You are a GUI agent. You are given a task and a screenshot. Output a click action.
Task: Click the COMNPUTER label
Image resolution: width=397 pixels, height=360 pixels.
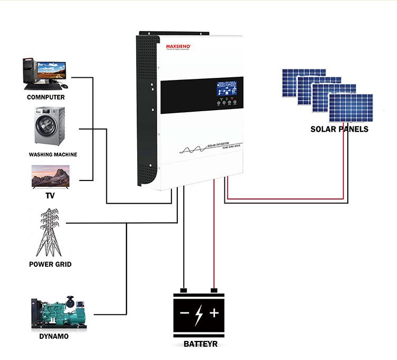tap(46, 97)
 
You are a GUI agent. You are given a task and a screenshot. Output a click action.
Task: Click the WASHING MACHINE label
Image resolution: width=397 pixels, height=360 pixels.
tap(53, 155)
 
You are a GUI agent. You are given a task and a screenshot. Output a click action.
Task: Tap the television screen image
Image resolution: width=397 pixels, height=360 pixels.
tap(51, 176)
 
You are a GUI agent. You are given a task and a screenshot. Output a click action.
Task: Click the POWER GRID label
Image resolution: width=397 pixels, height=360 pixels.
tap(50, 264)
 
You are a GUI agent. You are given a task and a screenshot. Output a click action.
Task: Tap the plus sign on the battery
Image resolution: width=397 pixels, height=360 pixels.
tap(214, 313)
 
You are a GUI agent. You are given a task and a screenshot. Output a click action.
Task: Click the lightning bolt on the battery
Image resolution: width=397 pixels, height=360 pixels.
tap(199, 314)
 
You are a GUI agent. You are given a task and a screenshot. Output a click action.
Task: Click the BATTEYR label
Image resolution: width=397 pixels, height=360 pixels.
tap(200, 344)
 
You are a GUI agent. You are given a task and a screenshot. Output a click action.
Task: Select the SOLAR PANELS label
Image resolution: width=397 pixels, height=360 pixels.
tap(339, 129)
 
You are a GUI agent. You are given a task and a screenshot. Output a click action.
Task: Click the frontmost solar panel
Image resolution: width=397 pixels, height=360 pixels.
tap(351, 107)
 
